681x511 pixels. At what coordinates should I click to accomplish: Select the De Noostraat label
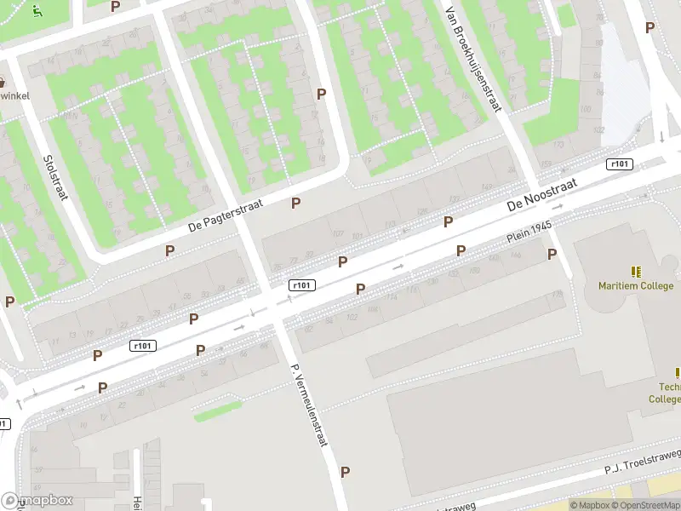click(x=542, y=195)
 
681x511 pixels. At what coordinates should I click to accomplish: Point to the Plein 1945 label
click(x=530, y=233)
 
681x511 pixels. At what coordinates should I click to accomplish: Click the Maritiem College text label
click(x=636, y=285)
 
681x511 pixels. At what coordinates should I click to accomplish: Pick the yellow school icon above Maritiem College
click(x=636, y=272)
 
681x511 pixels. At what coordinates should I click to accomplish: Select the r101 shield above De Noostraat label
click(x=620, y=164)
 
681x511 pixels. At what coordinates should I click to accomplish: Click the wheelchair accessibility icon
click(x=37, y=11)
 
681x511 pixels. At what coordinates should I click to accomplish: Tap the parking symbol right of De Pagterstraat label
click(x=296, y=203)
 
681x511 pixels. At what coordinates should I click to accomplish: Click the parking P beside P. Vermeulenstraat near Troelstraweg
click(x=345, y=471)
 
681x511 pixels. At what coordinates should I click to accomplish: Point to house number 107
click(x=337, y=235)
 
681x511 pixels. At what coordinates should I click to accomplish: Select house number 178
click(x=558, y=295)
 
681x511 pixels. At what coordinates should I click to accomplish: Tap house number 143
click(x=487, y=187)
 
